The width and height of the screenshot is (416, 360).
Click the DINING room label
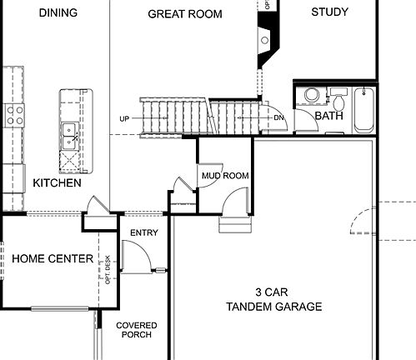(x=58, y=12)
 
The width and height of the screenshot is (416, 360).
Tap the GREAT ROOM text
(x=184, y=13)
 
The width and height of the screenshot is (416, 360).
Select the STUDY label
(x=329, y=12)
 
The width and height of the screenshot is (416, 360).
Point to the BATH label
(x=328, y=116)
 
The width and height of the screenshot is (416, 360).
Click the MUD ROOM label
(x=225, y=176)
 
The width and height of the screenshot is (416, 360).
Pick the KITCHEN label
(x=57, y=182)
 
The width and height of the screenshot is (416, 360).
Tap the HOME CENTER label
(x=52, y=259)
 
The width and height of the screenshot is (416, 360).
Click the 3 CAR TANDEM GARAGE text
(x=273, y=300)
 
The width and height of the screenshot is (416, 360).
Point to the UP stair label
(x=124, y=118)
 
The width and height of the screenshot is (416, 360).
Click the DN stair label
(x=279, y=118)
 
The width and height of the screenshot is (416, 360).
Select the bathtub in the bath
(x=363, y=110)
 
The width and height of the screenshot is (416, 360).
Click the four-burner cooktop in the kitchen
(x=14, y=113)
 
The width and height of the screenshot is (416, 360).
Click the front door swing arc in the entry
(x=136, y=257)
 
